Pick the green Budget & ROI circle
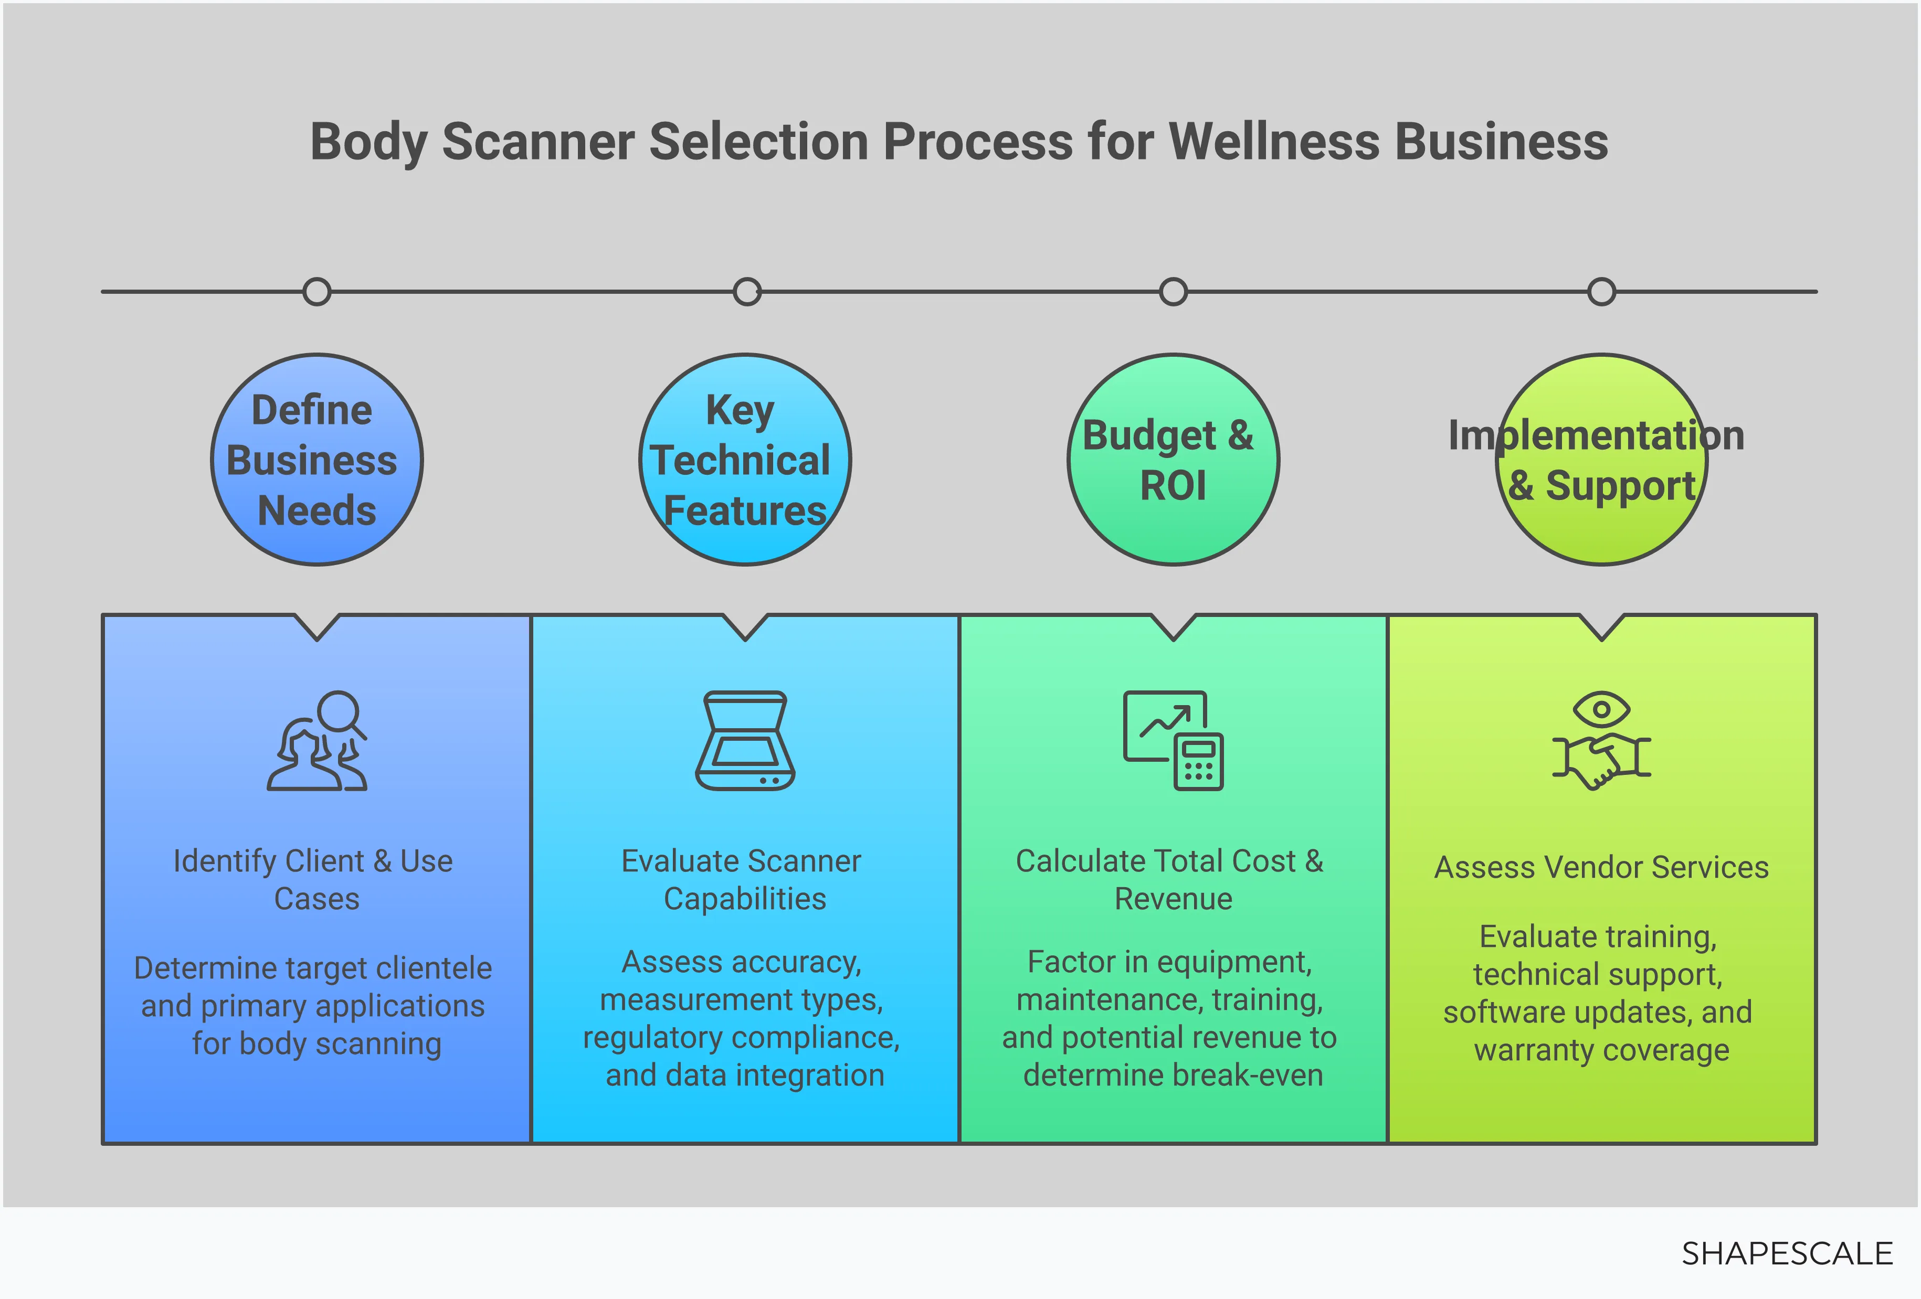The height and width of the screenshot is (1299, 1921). coord(1173,460)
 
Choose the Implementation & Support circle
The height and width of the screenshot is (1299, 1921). coord(1601,460)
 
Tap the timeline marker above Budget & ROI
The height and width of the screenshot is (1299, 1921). coord(1173,292)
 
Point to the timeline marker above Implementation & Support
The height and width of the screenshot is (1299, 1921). coord(1601,292)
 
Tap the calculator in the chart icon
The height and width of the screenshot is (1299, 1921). coord(1199,761)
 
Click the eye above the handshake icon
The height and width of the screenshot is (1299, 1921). coord(1601,709)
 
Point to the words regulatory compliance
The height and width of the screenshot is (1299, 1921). coord(742,1037)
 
